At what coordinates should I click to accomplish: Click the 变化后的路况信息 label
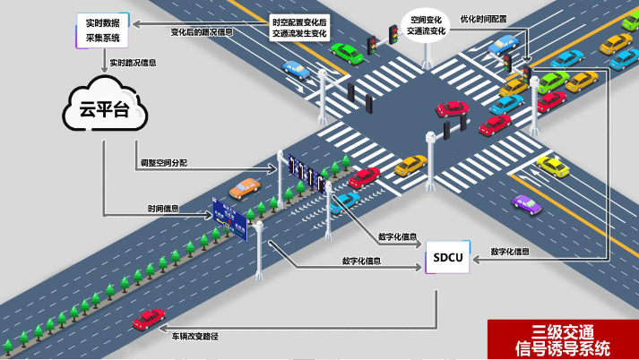click(x=202, y=31)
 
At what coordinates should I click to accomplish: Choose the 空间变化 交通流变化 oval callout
click(x=426, y=25)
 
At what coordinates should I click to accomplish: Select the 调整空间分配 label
click(x=164, y=163)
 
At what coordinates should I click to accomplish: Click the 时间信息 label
click(x=162, y=208)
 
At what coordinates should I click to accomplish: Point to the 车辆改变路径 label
click(x=195, y=334)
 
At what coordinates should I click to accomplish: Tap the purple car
click(x=527, y=203)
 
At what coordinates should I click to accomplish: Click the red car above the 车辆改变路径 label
click(x=148, y=318)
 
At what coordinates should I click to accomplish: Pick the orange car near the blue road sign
click(x=244, y=188)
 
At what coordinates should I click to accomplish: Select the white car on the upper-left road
click(x=296, y=68)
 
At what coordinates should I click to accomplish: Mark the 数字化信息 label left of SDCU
click(x=362, y=261)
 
